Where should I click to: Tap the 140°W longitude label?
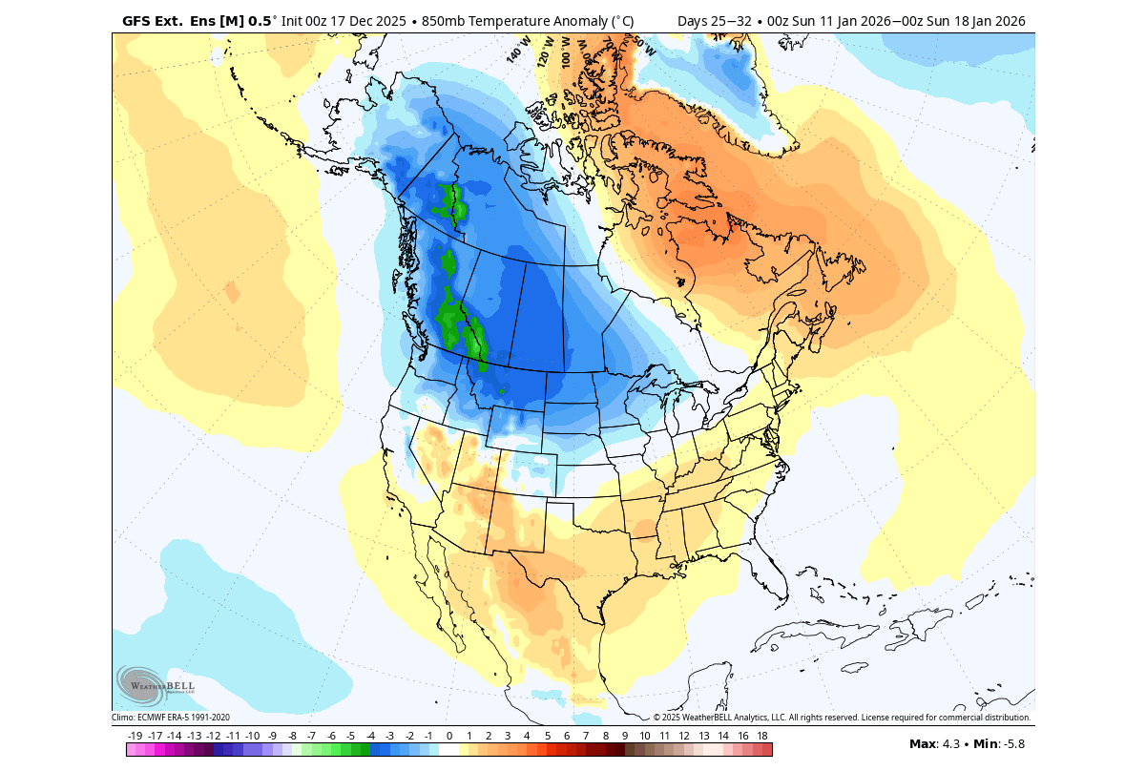click(x=518, y=50)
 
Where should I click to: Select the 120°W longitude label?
click(x=546, y=48)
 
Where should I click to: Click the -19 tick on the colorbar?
click(x=135, y=736)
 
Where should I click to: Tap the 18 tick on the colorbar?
click(x=762, y=736)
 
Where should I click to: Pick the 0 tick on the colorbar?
click(x=448, y=736)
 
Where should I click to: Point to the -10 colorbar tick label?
click(x=252, y=736)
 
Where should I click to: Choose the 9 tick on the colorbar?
click(x=625, y=736)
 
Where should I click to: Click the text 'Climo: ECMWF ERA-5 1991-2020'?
click(x=171, y=718)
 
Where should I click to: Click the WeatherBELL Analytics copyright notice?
click(x=842, y=718)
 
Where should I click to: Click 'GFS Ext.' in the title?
click(x=153, y=20)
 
